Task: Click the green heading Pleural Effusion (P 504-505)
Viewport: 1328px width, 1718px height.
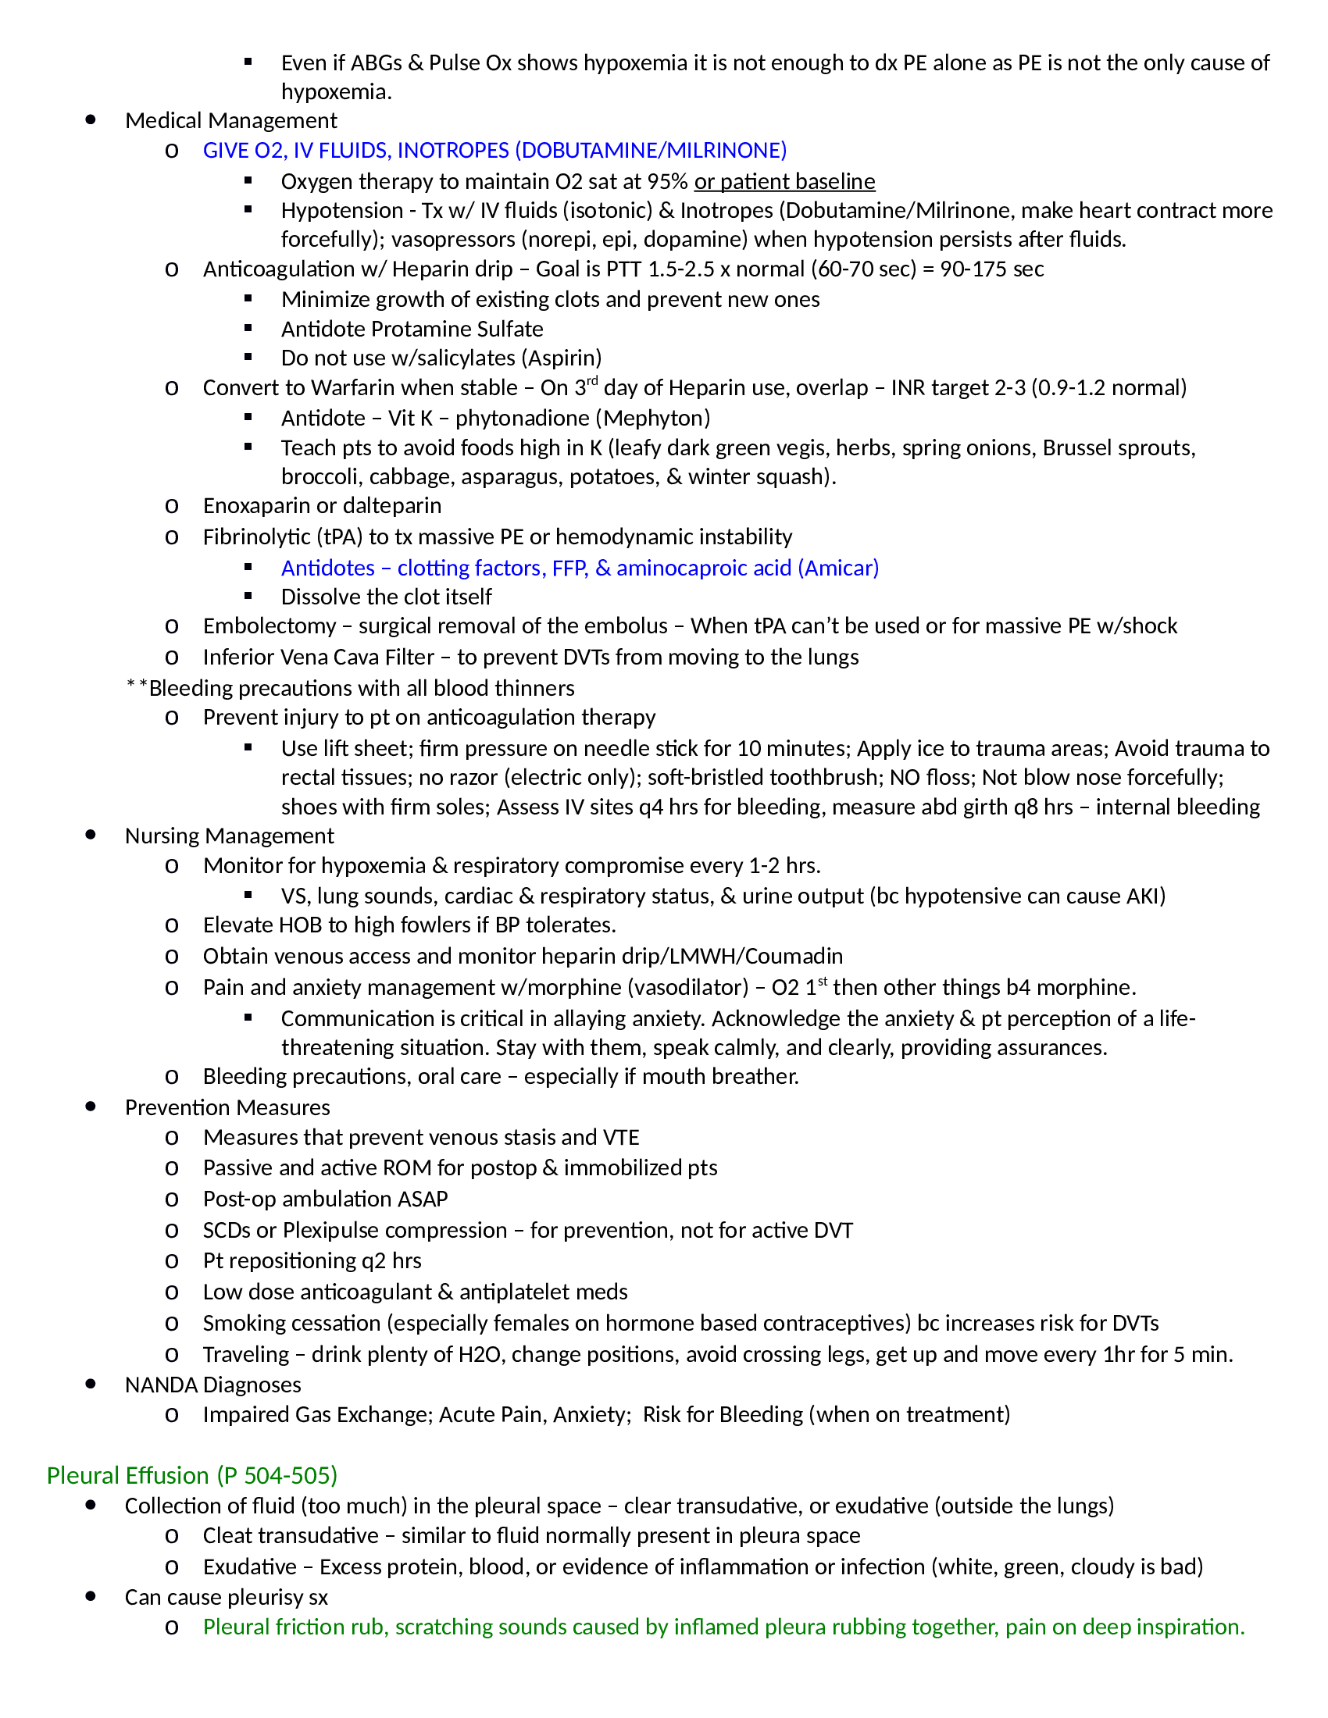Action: (x=192, y=1475)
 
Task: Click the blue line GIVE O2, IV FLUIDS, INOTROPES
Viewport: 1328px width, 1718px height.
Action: (x=494, y=150)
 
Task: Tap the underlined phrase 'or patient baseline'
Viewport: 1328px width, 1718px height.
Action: (x=784, y=182)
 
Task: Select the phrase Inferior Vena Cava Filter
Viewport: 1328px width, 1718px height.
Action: (x=318, y=657)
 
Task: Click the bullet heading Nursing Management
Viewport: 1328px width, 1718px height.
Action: (x=229, y=836)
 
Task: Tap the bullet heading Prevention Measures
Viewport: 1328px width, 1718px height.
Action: (x=227, y=1107)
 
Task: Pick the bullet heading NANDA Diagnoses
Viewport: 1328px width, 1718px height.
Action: (x=212, y=1385)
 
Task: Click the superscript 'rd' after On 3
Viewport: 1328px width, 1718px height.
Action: (x=592, y=382)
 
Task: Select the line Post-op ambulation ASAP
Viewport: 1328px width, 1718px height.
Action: (x=325, y=1199)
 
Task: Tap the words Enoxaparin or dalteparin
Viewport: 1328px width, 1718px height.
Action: (x=322, y=505)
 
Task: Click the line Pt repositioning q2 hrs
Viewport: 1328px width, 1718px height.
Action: (x=312, y=1260)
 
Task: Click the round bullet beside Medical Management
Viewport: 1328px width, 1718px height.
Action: (x=91, y=119)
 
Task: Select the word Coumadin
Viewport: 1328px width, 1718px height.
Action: (x=793, y=956)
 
